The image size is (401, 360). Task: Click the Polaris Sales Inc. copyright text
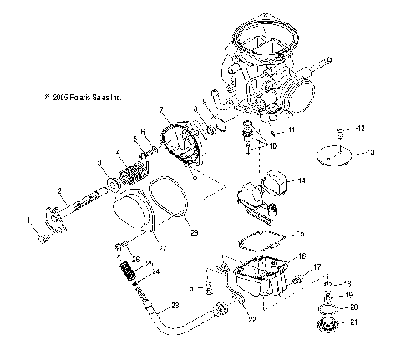(x=84, y=98)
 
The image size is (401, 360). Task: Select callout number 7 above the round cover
(x=160, y=109)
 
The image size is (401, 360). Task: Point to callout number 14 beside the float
(x=302, y=180)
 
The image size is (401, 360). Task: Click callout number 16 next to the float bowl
(x=302, y=256)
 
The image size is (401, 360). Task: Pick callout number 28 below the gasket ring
(x=195, y=231)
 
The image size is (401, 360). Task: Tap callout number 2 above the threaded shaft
(x=59, y=191)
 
